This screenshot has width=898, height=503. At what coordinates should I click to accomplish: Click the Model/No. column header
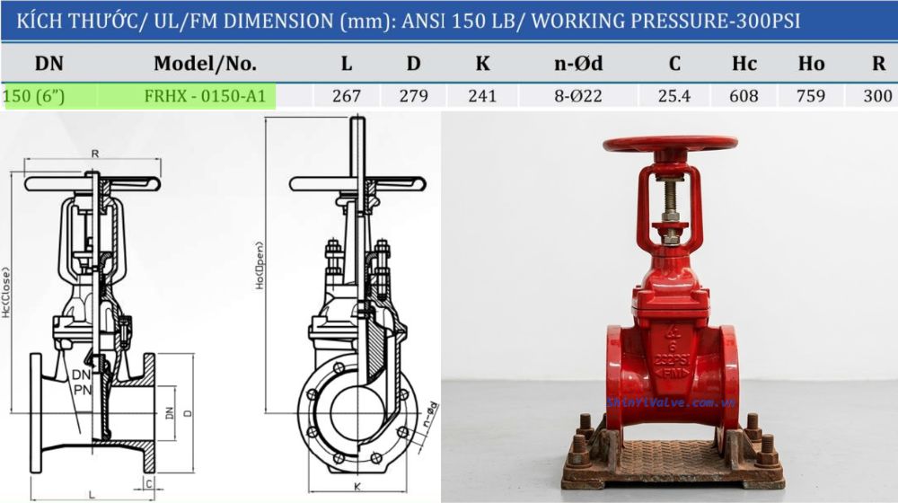point(205,64)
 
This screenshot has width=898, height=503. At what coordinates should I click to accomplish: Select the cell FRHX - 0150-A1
point(205,96)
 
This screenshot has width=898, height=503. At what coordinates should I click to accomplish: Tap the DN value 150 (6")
point(35,96)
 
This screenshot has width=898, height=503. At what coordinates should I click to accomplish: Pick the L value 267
point(347,96)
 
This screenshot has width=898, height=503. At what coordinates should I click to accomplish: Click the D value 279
point(413,96)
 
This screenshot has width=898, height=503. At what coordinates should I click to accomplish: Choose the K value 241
point(482,96)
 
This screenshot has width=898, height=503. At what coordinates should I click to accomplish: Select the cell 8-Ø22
point(578,96)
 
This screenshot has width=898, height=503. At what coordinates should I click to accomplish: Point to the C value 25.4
point(673,96)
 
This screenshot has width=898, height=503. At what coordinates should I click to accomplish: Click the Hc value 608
point(744,96)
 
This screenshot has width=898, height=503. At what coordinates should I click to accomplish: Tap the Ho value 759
point(810,96)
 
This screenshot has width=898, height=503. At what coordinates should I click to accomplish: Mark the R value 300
point(876,96)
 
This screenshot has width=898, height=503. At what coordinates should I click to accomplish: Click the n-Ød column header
point(578,64)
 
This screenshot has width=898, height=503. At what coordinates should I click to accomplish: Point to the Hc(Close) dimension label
point(6,292)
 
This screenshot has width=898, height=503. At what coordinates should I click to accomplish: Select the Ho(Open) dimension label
point(259,265)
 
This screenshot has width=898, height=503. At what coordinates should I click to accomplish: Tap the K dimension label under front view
point(357,486)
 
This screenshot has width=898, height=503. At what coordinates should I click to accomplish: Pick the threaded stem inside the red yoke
point(670,202)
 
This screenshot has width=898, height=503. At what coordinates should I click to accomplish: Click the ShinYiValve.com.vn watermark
point(671,402)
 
